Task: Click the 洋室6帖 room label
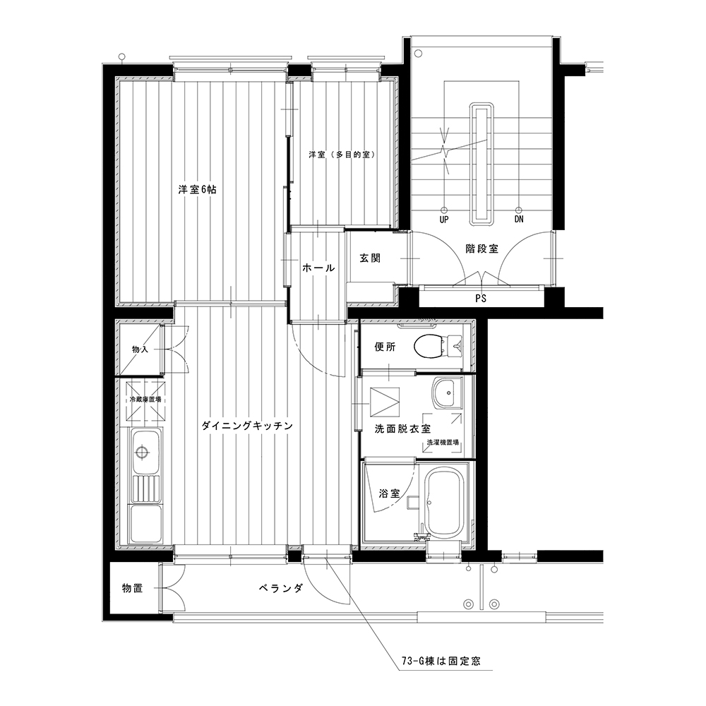(x=197, y=189)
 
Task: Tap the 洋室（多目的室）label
(x=342, y=155)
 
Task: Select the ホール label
(x=318, y=268)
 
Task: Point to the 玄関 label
(x=370, y=258)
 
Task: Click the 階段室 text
(x=481, y=249)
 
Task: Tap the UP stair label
(x=444, y=220)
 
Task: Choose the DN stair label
(x=519, y=220)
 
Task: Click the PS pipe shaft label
(x=481, y=298)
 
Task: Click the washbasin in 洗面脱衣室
(x=448, y=392)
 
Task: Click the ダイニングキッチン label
(x=247, y=426)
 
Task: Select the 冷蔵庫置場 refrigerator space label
(x=145, y=400)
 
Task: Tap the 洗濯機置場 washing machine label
(x=443, y=442)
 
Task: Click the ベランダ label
(x=281, y=589)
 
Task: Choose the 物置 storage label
(x=133, y=588)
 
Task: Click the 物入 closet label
(x=140, y=349)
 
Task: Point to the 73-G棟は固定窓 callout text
(x=441, y=661)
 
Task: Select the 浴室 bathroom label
(x=390, y=493)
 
